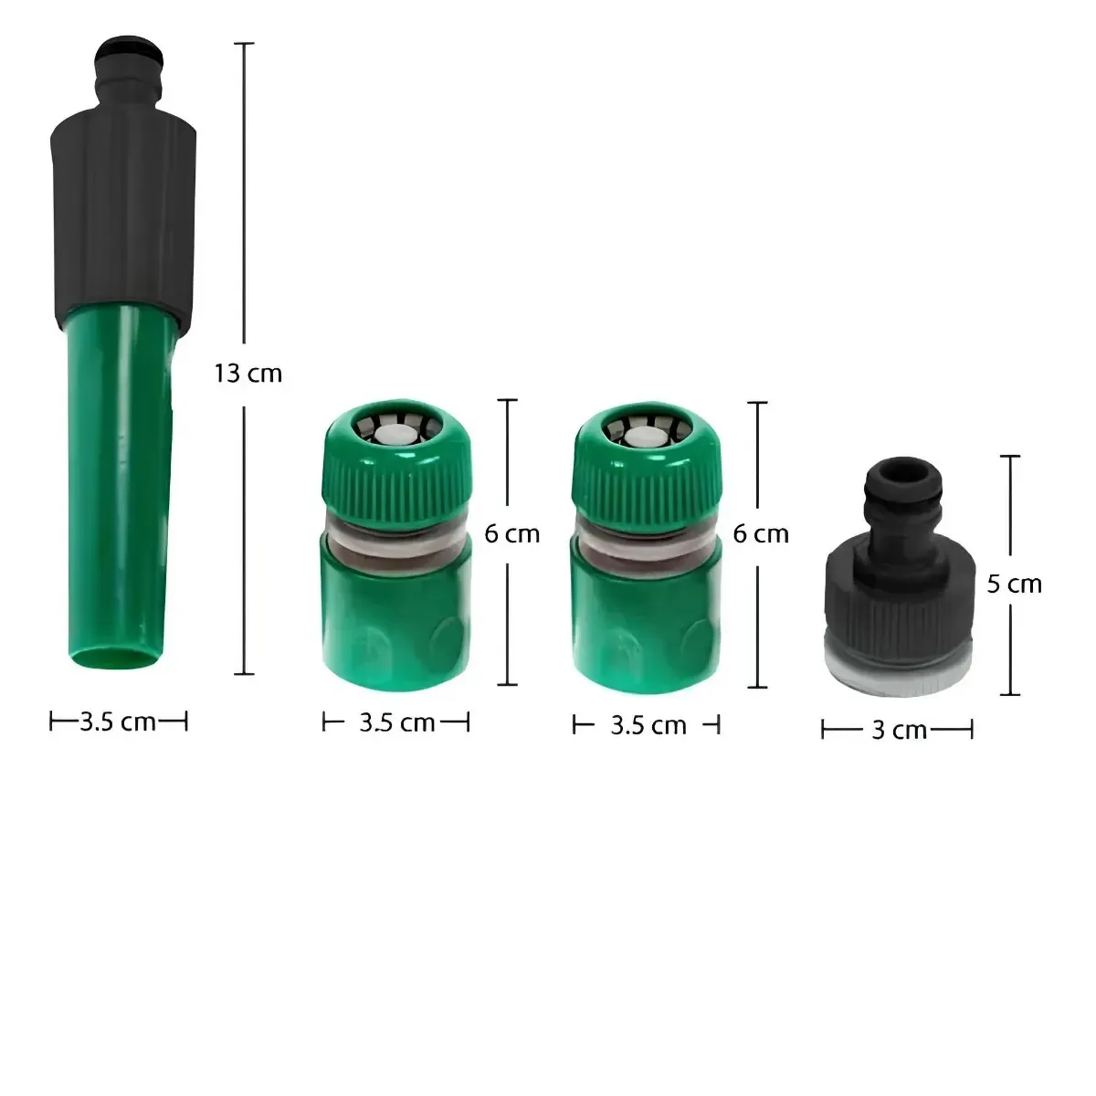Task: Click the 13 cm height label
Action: coord(248,374)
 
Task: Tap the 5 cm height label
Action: coord(1014,585)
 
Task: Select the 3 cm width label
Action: coord(900,731)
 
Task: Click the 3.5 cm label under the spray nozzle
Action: coord(117,722)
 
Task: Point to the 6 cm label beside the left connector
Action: coord(511,534)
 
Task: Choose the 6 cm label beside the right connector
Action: coord(761,534)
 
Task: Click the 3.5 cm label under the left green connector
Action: coord(397,722)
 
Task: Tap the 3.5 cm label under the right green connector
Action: coord(648,726)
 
